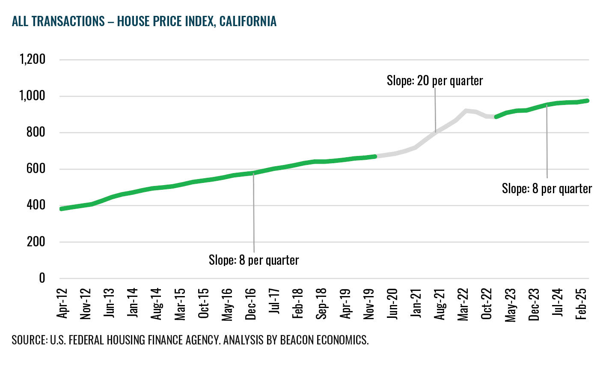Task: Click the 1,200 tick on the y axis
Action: pos(33,59)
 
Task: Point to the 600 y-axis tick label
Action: pos(36,169)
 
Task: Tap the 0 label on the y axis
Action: pos(42,278)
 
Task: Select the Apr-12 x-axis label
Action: pos(62,303)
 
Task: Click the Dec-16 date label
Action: pos(251,304)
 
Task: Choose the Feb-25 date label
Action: pos(581,304)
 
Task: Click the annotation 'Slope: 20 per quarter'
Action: pos(435,81)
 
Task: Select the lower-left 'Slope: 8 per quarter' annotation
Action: pos(254,260)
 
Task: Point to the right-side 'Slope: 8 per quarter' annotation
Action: pos(547,189)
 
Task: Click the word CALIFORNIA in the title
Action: pos(248,21)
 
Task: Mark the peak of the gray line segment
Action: pos(466,111)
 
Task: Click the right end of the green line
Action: pos(588,101)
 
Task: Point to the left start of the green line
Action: pos(62,209)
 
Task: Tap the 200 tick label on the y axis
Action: pos(36,242)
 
